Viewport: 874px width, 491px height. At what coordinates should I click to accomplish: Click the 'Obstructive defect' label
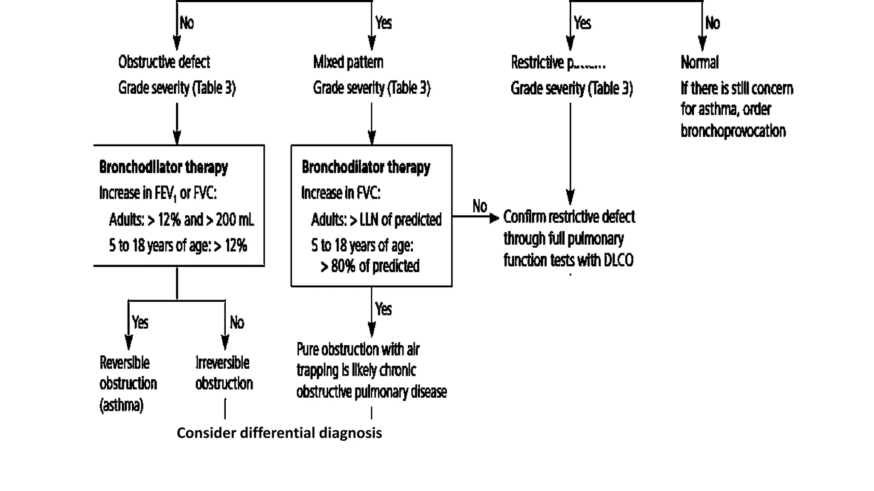(x=164, y=62)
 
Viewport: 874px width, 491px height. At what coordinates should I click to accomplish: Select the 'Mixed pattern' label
(x=348, y=62)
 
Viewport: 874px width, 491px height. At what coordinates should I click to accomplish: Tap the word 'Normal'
(x=699, y=62)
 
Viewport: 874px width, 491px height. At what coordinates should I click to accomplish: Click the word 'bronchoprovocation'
(x=733, y=130)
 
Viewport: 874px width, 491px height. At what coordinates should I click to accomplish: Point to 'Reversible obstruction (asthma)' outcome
(x=128, y=383)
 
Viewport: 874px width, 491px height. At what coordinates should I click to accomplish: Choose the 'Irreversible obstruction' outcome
(x=224, y=373)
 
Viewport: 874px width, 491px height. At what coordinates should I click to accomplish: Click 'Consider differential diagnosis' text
(x=279, y=433)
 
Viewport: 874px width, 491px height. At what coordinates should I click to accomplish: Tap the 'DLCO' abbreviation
(x=618, y=260)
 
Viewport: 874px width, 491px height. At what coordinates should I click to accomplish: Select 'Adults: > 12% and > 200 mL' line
(x=181, y=220)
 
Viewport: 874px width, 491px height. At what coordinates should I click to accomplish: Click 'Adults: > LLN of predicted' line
(x=376, y=220)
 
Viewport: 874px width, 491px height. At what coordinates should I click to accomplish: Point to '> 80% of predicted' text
(x=370, y=266)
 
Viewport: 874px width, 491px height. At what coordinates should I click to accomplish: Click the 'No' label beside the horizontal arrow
(x=480, y=206)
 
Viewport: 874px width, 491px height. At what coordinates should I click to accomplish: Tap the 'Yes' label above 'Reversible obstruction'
(x=140, y=322)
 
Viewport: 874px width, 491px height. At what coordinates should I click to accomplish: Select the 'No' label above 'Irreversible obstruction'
(x=237, y=322)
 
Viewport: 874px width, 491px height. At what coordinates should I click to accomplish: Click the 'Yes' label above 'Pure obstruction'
(x=383, y=309)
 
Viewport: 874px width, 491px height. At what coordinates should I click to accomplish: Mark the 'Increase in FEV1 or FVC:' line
(x=158, y=193)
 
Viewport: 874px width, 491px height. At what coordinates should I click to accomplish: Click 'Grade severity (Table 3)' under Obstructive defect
(x=177, y=88)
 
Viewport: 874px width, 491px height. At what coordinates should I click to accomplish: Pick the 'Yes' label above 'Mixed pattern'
(x=383, y=23)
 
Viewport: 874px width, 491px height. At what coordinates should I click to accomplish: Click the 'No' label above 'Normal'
(x=712, y=23)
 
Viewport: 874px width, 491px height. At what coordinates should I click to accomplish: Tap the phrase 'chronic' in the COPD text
(x=397, y=370)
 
